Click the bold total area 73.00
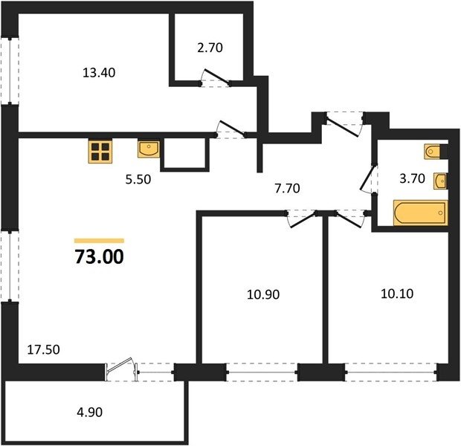coord(100,256)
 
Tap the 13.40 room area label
coord(99,73)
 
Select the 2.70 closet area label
coord(210,48)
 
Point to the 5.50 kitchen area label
coord(138,179)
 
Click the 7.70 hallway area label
coord(287,188)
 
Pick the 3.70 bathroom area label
coord(412,178)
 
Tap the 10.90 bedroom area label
coord(263,294)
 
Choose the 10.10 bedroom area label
coord(397,294)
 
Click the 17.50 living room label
coord(44,349)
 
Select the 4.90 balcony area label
coord(90,413)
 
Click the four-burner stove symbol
coord(100,151)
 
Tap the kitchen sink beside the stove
coord(149,149)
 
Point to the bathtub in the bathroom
coord(420,213)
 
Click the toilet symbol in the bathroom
coord(433,152)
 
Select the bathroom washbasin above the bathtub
coord(440,181)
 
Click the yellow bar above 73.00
coord(100,241)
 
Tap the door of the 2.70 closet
coord(216,77)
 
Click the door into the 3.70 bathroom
coord(368,178)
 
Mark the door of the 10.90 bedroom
coord(302,219)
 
